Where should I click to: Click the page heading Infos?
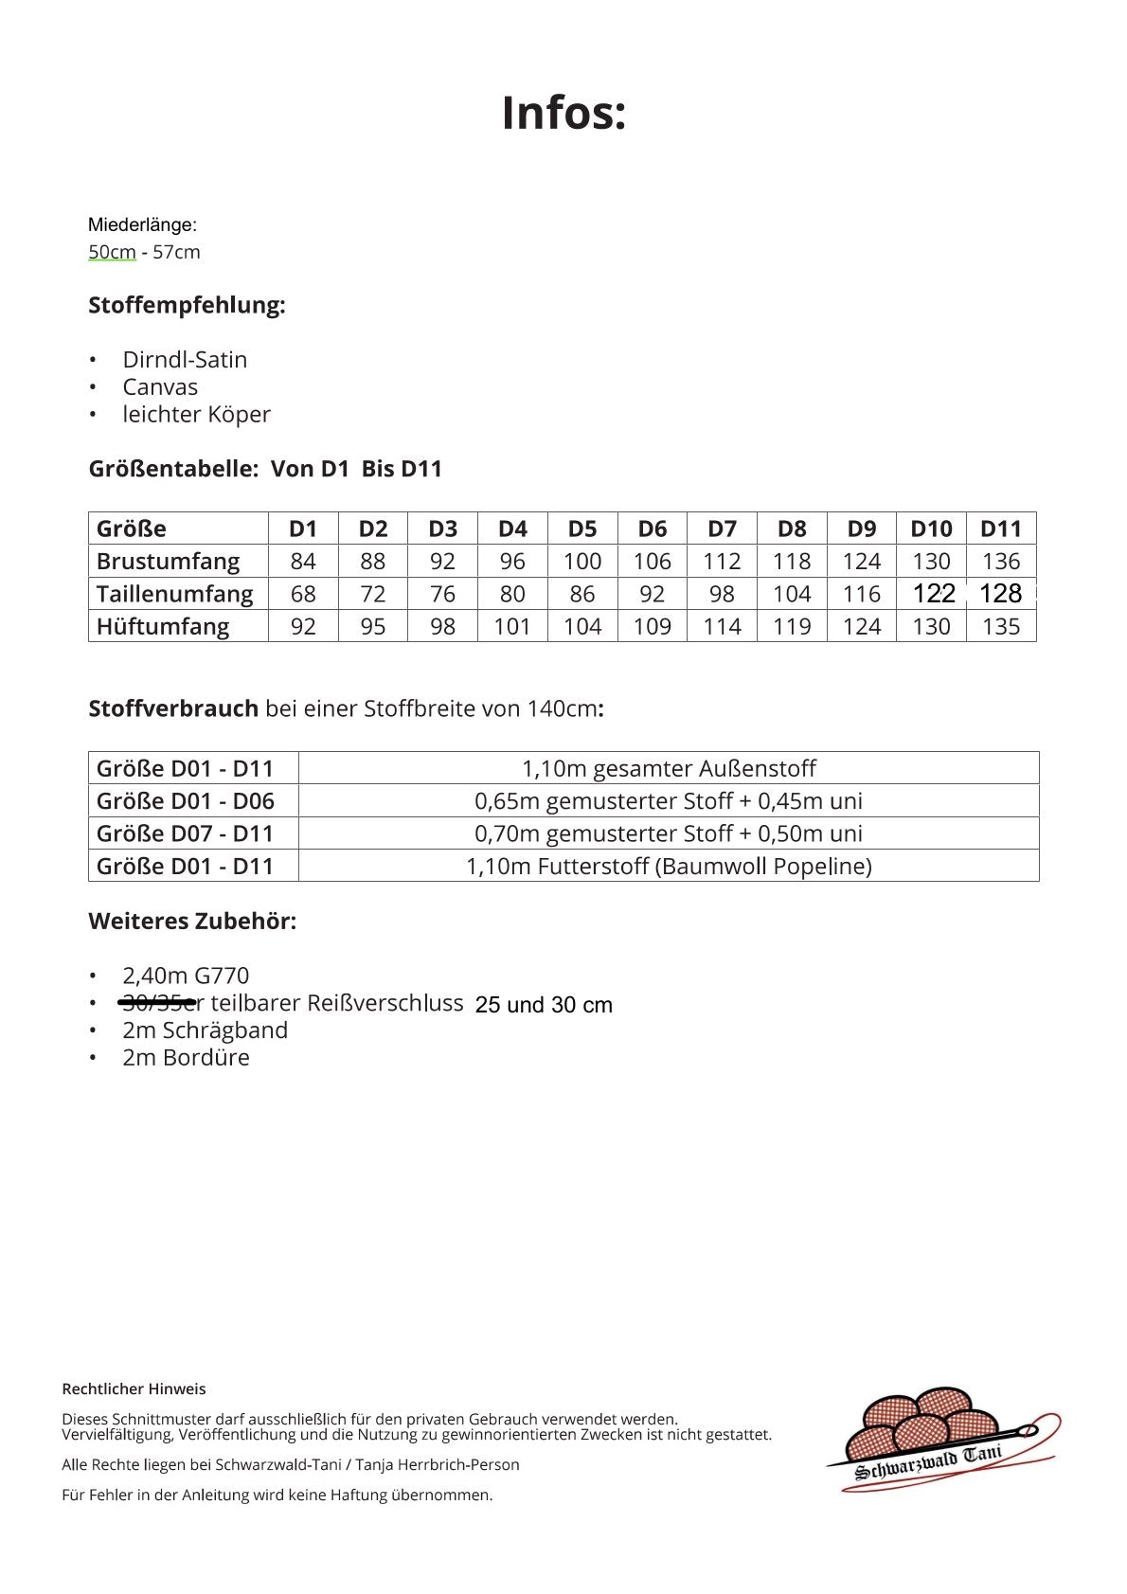[563, 113]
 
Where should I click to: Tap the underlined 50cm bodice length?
[112, 252]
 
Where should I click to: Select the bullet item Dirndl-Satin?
[185, 360]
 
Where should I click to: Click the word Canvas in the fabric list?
[160, 387]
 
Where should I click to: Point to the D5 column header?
[582, 528]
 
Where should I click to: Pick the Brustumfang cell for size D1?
[303, 562]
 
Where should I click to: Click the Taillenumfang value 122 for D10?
[933, 594]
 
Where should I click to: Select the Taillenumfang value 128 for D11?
[1000, 594]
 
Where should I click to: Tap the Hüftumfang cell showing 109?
[653, 626]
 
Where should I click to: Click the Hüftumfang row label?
[163, 626]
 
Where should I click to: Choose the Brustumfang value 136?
[1001, 562]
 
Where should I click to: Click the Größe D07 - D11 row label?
[185, 833]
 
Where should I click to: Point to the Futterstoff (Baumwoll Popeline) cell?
[669, 866]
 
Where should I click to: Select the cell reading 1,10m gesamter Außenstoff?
[669, 768]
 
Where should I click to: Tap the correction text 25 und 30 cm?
[544, 1005]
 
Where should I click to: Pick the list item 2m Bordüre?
[186, 1058]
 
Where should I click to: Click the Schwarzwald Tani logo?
[941, 1440]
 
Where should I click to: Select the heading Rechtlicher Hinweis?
[134, 1389]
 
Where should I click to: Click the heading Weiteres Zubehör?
[192, 921]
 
